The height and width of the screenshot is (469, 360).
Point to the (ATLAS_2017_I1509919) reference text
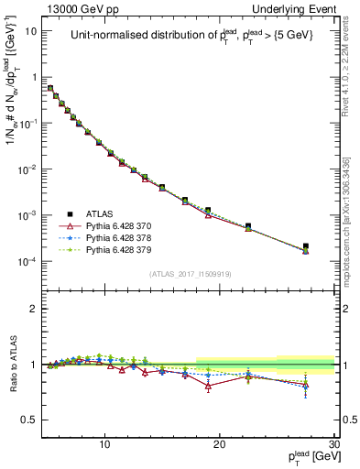[x=190, y=273]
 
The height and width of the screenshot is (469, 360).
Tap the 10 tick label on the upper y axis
[x=31, y=31]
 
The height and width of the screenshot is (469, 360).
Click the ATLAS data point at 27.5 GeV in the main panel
[x=305, y=246]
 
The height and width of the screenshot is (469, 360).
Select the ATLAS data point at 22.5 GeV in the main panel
[x=248, y=225]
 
